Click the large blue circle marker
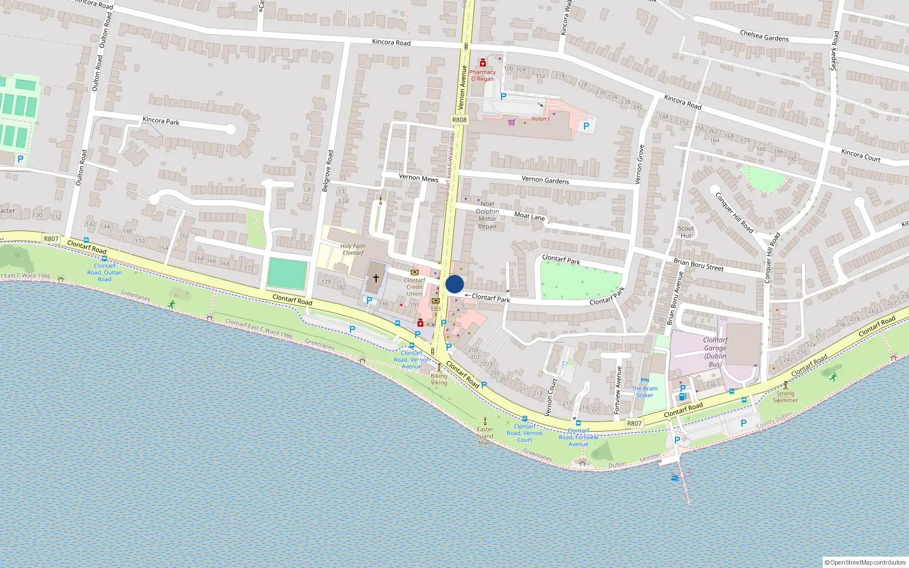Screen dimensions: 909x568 click(454, 284)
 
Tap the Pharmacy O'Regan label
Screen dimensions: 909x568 click(482, 75)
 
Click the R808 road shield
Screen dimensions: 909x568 click(459, 120)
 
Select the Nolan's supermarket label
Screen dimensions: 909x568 click(540, 119)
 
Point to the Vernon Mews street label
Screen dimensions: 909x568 click(418, 178)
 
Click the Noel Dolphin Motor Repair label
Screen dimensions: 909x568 click(487, 215)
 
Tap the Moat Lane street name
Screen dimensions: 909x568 click(529, 216)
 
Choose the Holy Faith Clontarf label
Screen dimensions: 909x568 click(353, 249)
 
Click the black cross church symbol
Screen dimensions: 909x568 click(376, 278)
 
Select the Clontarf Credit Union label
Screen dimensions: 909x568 click(414, 287)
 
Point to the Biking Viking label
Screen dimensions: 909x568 click(439, 379)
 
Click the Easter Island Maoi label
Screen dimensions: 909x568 click(485, 436)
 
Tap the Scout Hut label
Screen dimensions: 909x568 click(686, 232)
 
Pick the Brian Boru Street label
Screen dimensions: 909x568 click(698, 264)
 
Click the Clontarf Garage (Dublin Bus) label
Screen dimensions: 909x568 click(715, 352)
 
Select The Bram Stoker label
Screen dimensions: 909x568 click(644, 392)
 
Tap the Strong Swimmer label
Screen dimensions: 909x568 click(785, 396)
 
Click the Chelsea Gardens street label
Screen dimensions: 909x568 click(764, 36)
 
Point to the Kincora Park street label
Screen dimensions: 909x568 click(161, 120)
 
